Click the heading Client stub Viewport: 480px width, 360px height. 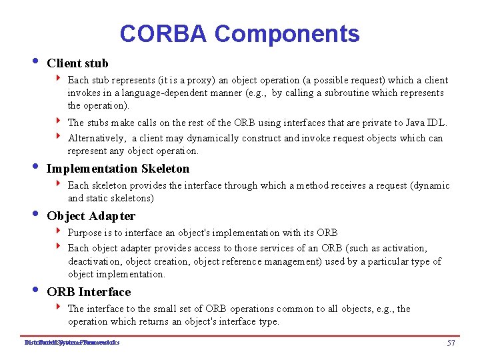click(x=77, y=64)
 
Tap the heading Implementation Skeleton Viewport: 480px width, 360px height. click(x=118, y=169)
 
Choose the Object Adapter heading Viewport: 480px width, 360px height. click(x=91, y=216)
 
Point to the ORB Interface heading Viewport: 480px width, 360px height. click(x=89, y=292)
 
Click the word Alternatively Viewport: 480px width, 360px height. click(x=97, y=139)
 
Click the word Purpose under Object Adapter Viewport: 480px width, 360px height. click(x=85, y=233)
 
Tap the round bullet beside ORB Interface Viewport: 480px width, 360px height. click(x=34, y=291)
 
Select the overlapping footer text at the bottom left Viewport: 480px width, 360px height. click(x=71, y=343)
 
